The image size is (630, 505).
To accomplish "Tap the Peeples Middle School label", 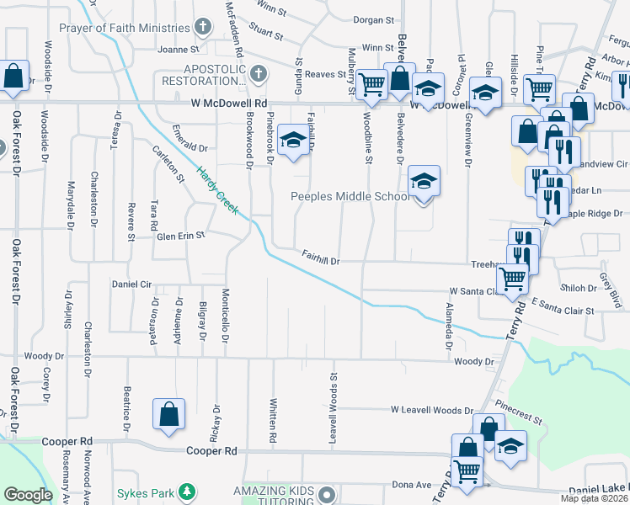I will (350, 196).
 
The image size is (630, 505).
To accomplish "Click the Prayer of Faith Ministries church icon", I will (202, 28).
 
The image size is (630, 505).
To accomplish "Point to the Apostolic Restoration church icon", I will (258, 73).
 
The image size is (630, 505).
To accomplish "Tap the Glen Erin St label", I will (180, 237).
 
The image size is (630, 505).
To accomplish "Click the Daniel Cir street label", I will (131, 284).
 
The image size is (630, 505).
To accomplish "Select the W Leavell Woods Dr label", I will (432, 410).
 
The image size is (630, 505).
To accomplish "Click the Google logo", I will (28, 495).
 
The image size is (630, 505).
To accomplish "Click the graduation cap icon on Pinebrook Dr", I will (292, 141).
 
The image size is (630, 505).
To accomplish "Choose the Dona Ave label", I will (411, 486).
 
